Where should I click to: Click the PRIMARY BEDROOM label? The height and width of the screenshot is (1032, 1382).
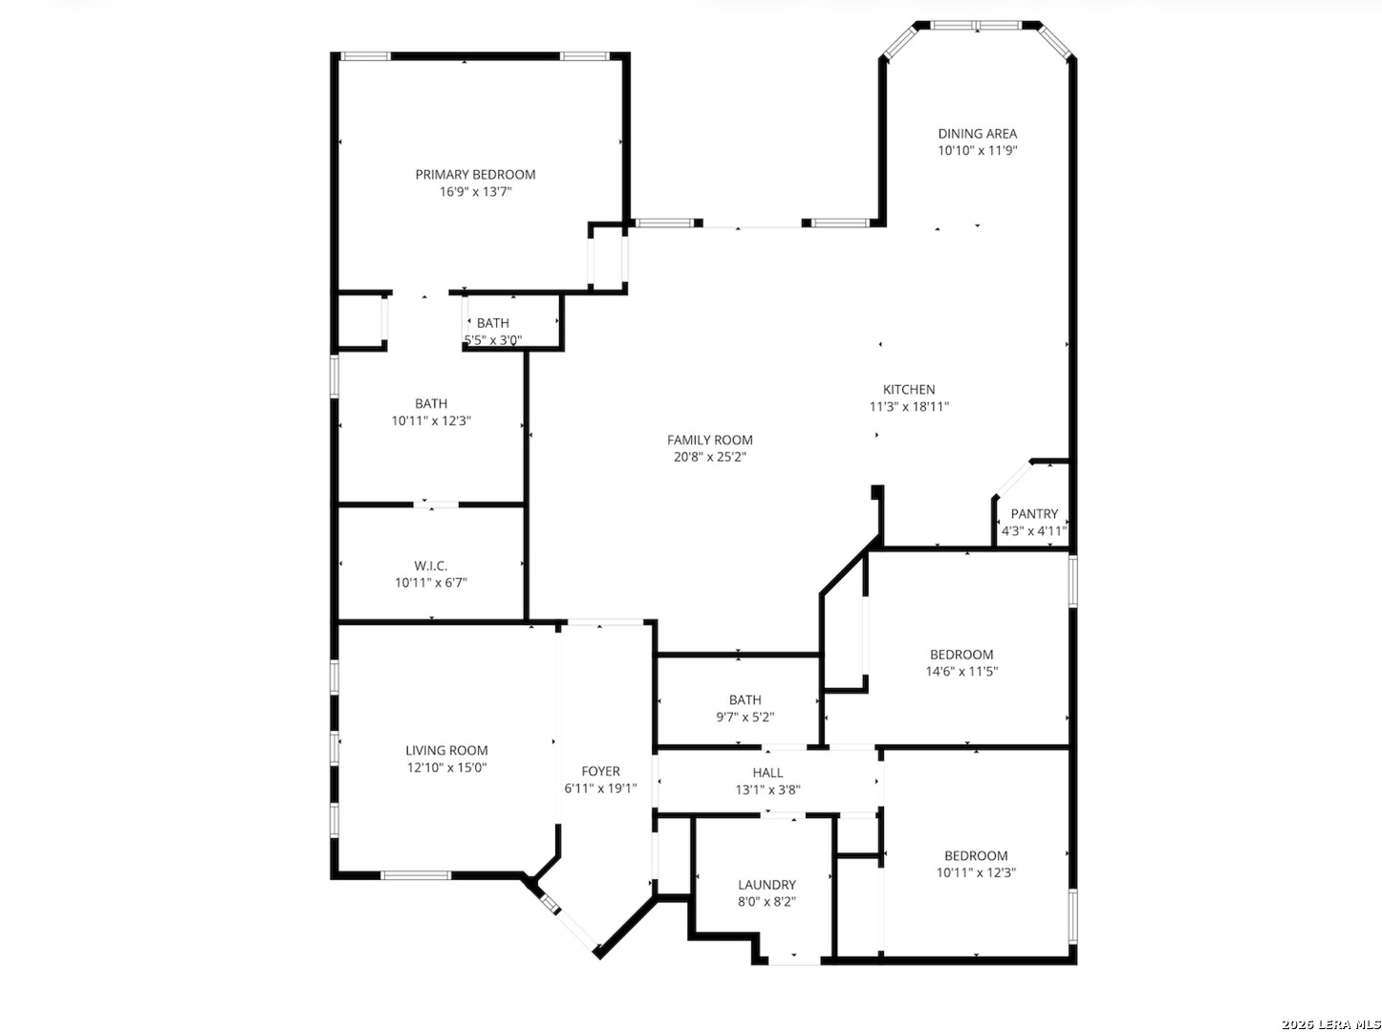click(x=475, y=174)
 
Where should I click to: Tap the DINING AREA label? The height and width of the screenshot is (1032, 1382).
click(x=977, y=134)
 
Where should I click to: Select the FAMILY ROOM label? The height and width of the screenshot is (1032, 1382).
click(x=709, y=440)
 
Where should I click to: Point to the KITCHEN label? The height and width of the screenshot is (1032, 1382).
click(x=909, y=390)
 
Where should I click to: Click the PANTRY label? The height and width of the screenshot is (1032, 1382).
click(x=1034, y=513)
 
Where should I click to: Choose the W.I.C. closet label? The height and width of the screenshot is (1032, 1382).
click(x=431, y=566)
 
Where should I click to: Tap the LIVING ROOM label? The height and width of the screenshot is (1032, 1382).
click(x=446, y=750)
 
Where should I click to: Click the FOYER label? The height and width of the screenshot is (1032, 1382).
click(x=600, y=771)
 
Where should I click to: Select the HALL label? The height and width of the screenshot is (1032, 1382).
click(x=767, y=772)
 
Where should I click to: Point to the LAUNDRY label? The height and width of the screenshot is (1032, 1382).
click(x=767, y=885)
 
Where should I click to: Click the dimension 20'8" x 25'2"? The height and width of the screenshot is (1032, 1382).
click(x=709, y=457)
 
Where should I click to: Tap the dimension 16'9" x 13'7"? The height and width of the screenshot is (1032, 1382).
click(x=475, y=191)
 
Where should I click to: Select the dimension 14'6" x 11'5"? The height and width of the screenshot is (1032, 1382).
click(x=961, y=672)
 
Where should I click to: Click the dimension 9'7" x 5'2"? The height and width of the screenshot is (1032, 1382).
click(x=745, y=717)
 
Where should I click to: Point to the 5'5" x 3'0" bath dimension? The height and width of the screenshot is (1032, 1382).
click(x=493, y=340)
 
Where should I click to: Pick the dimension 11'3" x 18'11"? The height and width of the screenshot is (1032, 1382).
click(x=909, y=406)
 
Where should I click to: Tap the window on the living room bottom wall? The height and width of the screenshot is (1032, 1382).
click(x=415, y=875)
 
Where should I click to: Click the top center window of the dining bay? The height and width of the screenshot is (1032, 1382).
click(x=976, y=26)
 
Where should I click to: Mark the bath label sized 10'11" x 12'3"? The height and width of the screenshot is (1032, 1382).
click(x=431, y=403)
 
